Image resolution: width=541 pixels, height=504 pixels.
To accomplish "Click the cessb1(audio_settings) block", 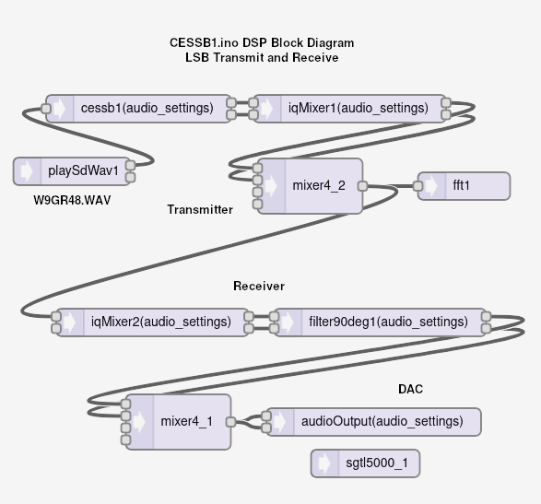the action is point(138,109).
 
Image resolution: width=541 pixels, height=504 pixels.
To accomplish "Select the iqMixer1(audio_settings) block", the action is point(349,109).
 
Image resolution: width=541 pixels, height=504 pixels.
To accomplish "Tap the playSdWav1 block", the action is point(72,171).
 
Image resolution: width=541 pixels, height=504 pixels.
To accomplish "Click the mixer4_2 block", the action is point(310,186).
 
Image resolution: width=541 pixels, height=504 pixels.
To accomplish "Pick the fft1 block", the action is point(465,186).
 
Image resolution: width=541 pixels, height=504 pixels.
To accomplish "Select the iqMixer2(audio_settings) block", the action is point(152,322).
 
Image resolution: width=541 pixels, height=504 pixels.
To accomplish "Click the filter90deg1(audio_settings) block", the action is point(380,322).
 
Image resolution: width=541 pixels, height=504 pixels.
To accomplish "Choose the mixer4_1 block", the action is point(178,422).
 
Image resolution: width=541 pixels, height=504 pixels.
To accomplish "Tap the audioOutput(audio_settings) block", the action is point(373,422).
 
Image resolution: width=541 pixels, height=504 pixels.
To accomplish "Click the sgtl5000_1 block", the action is point(365,463).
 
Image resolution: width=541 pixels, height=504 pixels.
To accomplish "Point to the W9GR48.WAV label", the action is point(72,201).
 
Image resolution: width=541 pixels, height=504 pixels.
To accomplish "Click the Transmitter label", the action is point(200,210).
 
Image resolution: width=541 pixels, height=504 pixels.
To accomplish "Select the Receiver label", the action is point(259,286).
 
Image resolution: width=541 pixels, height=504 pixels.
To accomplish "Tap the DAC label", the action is point(410,389).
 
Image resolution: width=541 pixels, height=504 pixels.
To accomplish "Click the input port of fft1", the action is point(418,186).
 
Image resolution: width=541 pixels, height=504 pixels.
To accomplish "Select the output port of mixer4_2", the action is point(362,186).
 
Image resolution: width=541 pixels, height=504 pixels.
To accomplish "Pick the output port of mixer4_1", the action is point(230,422).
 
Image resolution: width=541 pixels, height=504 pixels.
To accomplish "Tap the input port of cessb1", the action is point(46,109).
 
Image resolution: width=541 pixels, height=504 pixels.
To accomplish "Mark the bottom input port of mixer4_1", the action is point(126,440).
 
